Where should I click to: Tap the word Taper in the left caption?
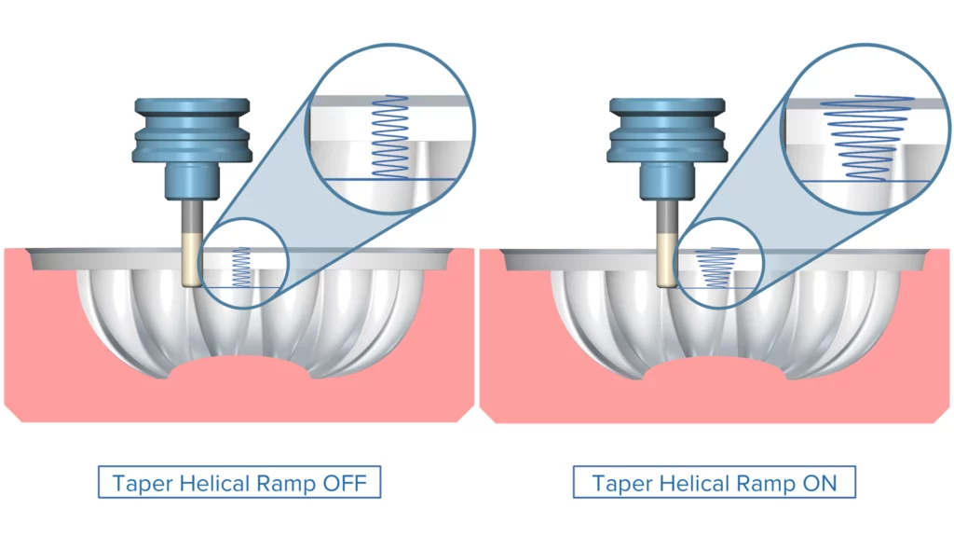click(x=139, y=484)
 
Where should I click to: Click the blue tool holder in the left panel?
click(x=192, y=140)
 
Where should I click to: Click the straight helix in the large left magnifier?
click(x=390, y=135)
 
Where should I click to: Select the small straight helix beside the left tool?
click(x=241, y=266)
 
